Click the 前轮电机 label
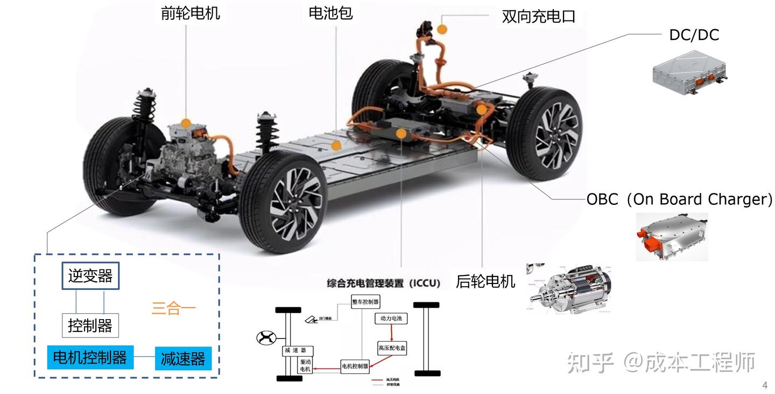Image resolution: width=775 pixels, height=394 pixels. point(190,13)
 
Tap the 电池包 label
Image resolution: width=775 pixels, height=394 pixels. point(330,13)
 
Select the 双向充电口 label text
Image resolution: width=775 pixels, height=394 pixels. point(538,16)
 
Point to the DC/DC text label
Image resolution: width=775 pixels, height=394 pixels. point(694,35)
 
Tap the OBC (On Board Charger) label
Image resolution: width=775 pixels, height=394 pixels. point(679,199)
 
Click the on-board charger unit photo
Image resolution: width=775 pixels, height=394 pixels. point(672,237)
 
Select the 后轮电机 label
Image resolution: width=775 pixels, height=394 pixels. point(485,281)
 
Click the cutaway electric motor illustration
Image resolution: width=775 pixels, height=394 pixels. point(569,288)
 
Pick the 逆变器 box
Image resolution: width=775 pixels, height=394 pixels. point(90,276)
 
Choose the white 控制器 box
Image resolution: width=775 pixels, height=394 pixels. point(90,326)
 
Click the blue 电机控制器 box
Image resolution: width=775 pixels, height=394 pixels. point(90,357)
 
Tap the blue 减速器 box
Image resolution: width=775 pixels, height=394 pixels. point(183,358)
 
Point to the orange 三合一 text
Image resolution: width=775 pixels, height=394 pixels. point(173,309)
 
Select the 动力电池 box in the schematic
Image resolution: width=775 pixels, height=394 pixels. point(391,319)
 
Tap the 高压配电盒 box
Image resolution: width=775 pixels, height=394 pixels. point(392,348)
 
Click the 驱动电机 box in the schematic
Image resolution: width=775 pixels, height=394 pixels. point(305,365)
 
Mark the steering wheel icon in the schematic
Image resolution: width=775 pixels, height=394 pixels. point(266,338)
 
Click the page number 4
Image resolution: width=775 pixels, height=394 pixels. point(765,385)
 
